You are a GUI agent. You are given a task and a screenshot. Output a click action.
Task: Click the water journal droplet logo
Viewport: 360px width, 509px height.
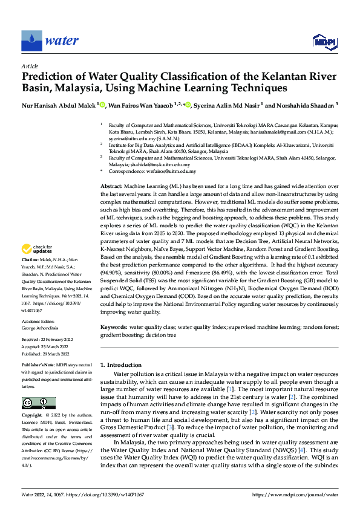(x=31, y=41)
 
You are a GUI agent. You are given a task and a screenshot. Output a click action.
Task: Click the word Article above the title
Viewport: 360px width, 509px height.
(x=30, y=66)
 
